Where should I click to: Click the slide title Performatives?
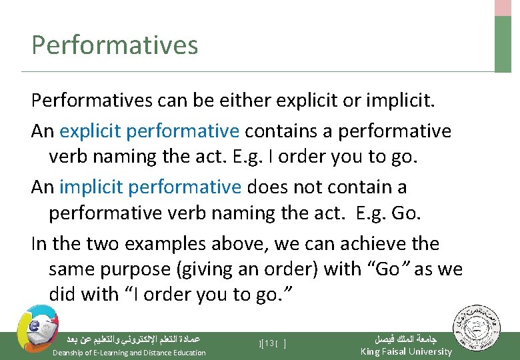pyautogui.click(x=115, y=45)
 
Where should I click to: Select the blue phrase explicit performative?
pyautogui.click(x=149, y=131)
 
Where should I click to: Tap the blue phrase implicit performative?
pyautogui.click(x=150, y=187)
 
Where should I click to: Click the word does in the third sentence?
pyautogui.click(x=267, y=187)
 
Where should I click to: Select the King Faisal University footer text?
pyautogui.click(x=405, y=351)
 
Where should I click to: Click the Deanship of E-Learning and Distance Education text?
pyautogui.click(x=129, y=353)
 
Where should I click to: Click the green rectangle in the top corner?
pyautogui.click(x=503, y=43)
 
